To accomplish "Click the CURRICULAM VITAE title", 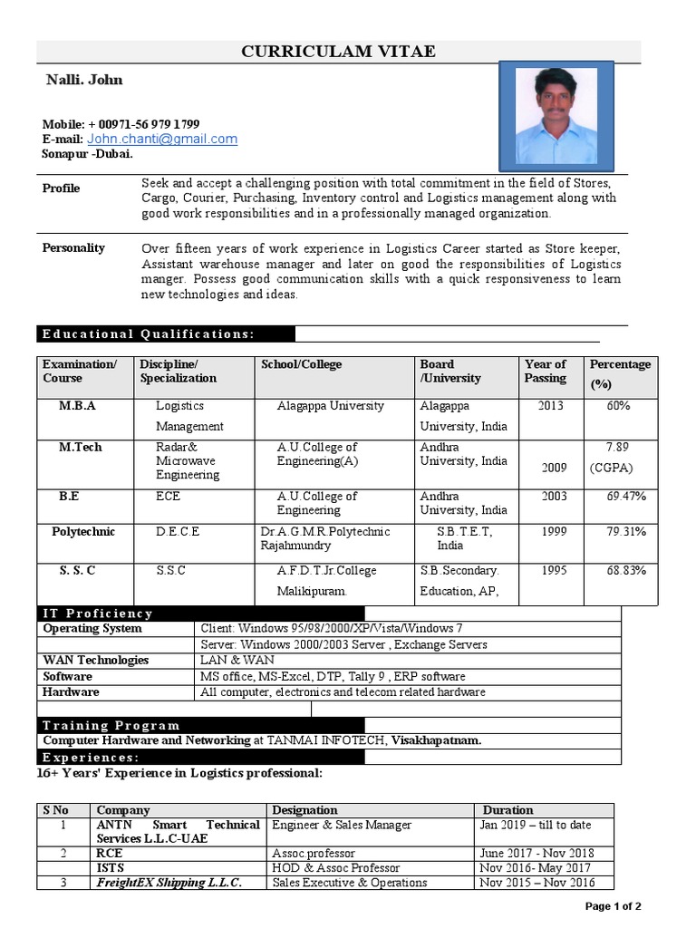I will tap(338, 52).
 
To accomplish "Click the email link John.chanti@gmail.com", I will tap(162, 139).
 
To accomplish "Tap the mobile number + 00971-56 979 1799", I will tap(143, 124).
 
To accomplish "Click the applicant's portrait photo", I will tap(556, 113).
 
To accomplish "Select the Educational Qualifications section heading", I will tap(148, 333).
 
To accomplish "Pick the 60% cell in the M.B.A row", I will tap(619, 406).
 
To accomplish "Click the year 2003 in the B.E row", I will tap(554, 497).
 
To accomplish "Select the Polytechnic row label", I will tap(83, 532).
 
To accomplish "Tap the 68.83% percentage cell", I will tap(626, 571).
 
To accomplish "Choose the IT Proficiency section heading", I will tap(98, 614).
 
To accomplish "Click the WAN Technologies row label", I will tap(96, 661).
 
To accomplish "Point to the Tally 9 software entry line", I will tap(333, 677).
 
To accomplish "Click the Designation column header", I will tap(304, 810).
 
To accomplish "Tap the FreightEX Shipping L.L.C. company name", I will tap(169, 883).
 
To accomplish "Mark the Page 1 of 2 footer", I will tap(614, 906).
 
